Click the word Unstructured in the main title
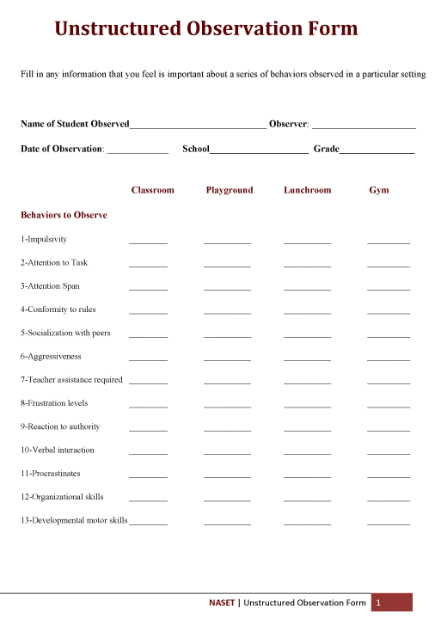[x=118, y=29]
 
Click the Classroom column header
[x=152, y=190]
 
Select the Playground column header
[x=230, y=190]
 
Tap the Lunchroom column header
[x=307, y=190]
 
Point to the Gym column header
[x=379, y=190]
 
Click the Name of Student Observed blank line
[x=198, y=126]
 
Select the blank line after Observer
[x=364, y=126]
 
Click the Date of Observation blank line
[x=138, y=151]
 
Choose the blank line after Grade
[x=377, y=151]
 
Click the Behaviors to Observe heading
[x=64, y=215]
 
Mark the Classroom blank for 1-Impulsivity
[x=148, y=242]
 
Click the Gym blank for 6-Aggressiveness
[x=389, y=358]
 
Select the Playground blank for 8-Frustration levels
[x=227, y=406]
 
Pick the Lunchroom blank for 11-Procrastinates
[x=307, y=475]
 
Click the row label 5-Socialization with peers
[x=65, y=333]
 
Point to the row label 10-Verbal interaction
[x=58, y=450]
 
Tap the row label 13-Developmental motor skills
[x=74, y=520]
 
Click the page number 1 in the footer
[x=378, y=603]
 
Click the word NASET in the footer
[x=222, y=603]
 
